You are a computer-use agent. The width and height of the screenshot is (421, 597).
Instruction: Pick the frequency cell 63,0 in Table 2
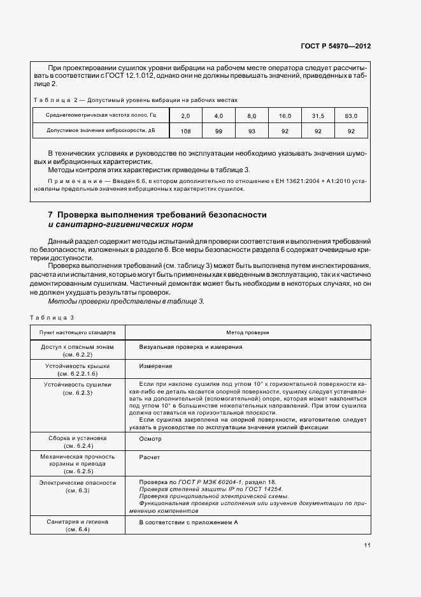[x=350, y=115]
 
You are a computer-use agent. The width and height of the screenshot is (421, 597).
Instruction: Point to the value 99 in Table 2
[x=218, y=131]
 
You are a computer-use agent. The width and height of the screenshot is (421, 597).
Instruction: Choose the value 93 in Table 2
[x=252, y=131]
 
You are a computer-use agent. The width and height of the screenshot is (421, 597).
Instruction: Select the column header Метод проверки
[x=247, y=332]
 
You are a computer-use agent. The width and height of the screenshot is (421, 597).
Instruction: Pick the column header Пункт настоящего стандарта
[x=77, y=332]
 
